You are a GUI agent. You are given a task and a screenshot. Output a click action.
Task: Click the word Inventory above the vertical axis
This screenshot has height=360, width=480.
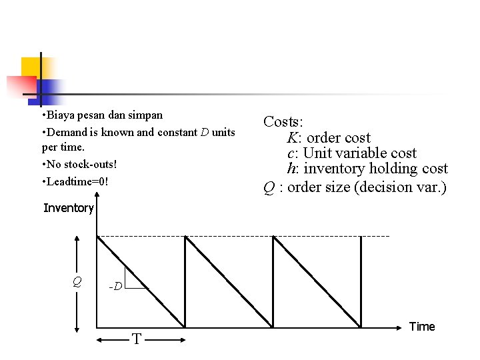coord(69,208)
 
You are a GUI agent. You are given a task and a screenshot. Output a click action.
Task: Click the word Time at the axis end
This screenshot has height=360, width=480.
coord(422,327)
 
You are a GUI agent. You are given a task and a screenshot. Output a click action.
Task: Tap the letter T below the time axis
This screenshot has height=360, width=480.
coord(137,339)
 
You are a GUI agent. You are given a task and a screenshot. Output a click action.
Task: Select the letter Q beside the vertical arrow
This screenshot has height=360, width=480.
coord(77,282)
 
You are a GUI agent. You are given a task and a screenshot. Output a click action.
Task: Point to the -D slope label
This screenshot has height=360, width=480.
coord(115,287)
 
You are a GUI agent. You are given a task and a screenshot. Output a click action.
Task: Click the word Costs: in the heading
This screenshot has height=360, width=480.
coord(283,122)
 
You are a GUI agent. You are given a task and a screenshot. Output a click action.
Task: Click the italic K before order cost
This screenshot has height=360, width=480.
coord(292,138)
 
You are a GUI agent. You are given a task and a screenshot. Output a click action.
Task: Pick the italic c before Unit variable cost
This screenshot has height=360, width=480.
coord(291,153)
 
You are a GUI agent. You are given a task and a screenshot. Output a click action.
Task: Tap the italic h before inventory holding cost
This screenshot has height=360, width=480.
coord(291,169)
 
